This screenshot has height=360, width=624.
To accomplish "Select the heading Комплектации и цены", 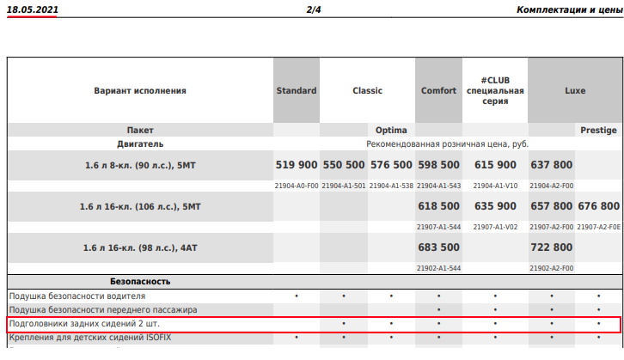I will click(567, 9).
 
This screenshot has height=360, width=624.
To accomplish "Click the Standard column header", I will click(296, 90).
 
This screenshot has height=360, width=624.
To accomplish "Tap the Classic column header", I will click(367, 90).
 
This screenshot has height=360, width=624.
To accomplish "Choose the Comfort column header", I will click(438, 90).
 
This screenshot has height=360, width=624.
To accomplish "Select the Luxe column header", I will click(575, 90).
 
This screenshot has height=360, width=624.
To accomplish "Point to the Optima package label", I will click(391, 131).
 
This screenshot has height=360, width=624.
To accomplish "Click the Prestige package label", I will click(598, 131).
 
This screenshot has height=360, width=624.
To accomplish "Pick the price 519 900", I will click(296, 164).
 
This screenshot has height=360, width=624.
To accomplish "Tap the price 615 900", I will click(495, 164).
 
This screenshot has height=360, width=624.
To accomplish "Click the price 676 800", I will click(598, 206).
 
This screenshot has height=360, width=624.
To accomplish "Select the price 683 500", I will click(438, 247).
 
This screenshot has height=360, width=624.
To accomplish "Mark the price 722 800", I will click(551, 247).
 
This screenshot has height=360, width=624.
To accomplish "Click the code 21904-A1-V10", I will click(495, 185).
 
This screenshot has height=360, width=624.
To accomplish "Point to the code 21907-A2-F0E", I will click(598, 226).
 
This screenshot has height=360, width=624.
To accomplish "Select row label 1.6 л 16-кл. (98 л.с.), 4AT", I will click(139, 247).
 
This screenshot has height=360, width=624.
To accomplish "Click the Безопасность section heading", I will click(140, 281).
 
